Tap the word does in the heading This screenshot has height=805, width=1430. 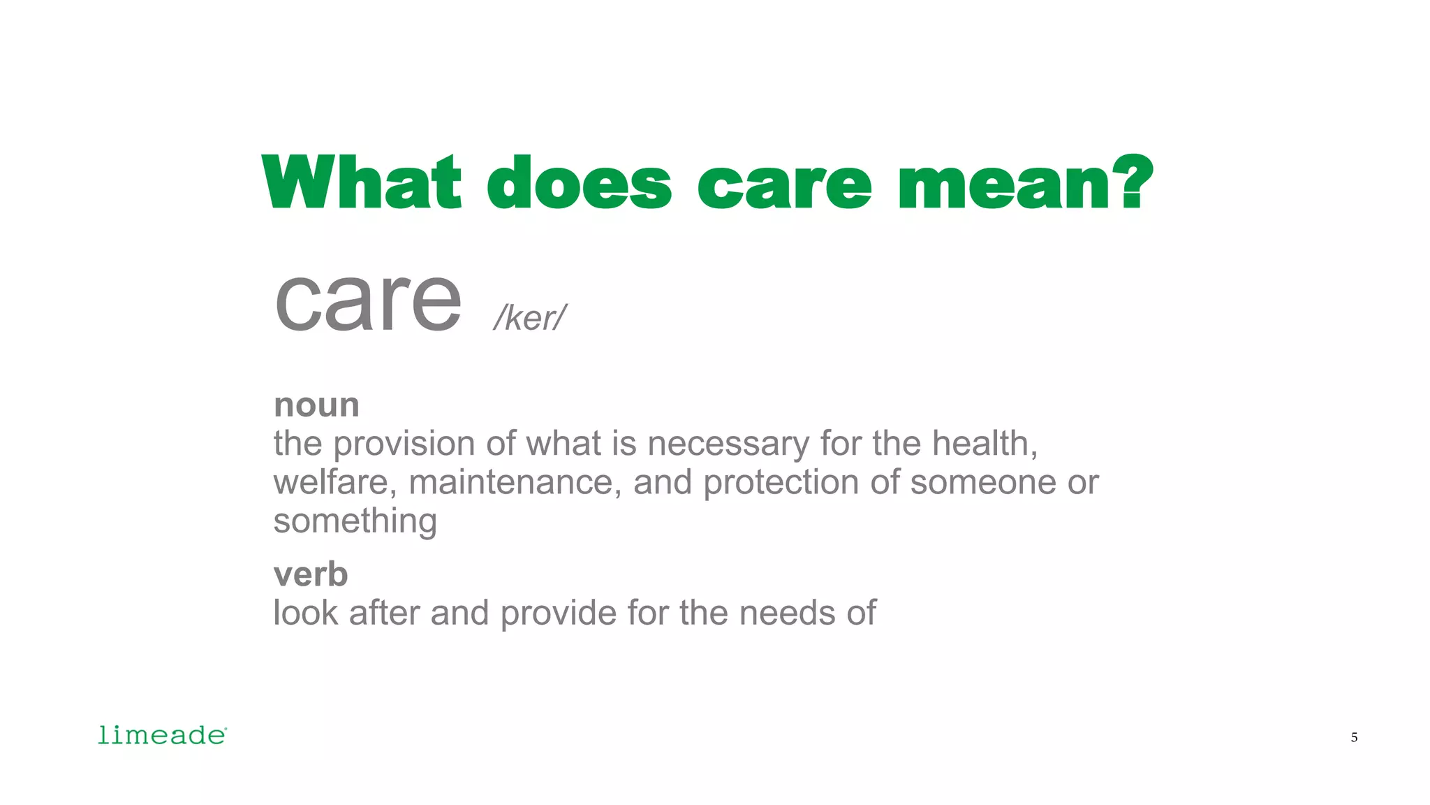579,182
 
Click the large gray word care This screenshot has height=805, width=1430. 368,300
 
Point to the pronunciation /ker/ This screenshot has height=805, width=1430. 529,318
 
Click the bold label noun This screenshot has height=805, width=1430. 316,405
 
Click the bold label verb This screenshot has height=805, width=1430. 311,574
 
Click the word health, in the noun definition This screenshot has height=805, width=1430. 985,444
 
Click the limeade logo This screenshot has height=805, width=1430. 162,735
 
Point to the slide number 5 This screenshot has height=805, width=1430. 1354,737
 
